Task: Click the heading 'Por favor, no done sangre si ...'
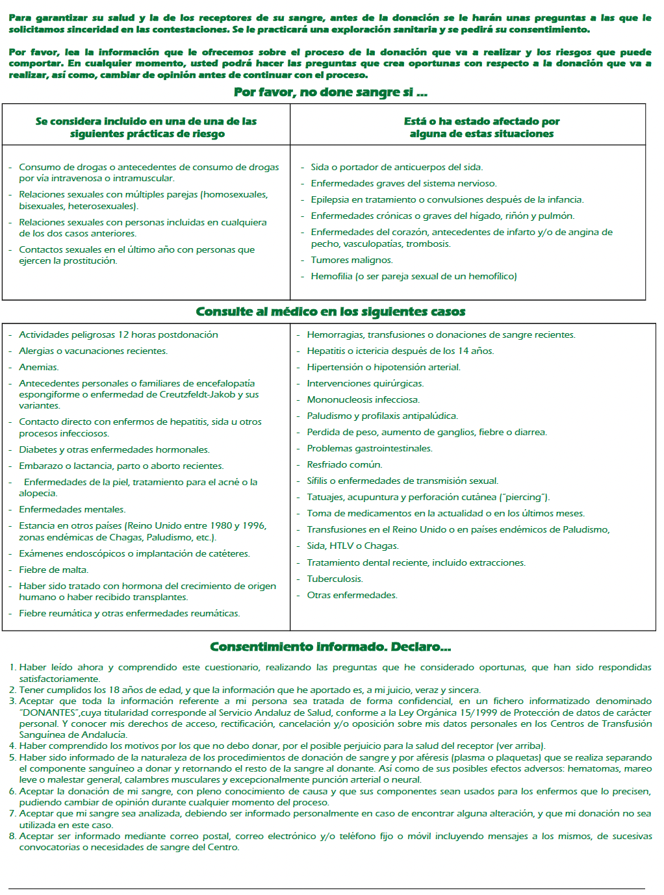pyautogui.click(x=330, y=92)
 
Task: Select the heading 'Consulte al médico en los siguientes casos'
pyautogui.click(x=330, y=312)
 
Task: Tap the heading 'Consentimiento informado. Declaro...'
pyautogui.click(x=330, y=647)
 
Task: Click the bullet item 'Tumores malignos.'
pyautogui.click(x=351, y=260)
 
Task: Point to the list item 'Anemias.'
pyautogui.click(x=38, y=368)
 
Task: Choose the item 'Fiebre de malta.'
pyautogui.click(x=53, y=570)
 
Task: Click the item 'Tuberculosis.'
pyautogui.click(x=335, y=579)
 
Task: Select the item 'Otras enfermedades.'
pyautogui.click(x=351, y=596)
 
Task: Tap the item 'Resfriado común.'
pyautogui.click(x=344, y=465)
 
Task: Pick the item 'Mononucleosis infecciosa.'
pyautogui.click(x=363, y=400)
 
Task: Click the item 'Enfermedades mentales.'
pyautogui.click(x=72, y=510)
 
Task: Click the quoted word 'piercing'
pyautogui.click(x=523, y=498)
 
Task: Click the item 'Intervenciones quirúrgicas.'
pyautogui.click(x=365, y=384)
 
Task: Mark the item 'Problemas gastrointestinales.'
pyautogui.click(x=369, y=449)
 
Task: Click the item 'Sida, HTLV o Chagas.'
pyautogui.click(x=353, y=546)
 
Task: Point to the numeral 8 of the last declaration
pyautogui.click(x=12, y=837)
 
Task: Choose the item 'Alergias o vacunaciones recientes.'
pyautogui.click(x=93, y=351)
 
